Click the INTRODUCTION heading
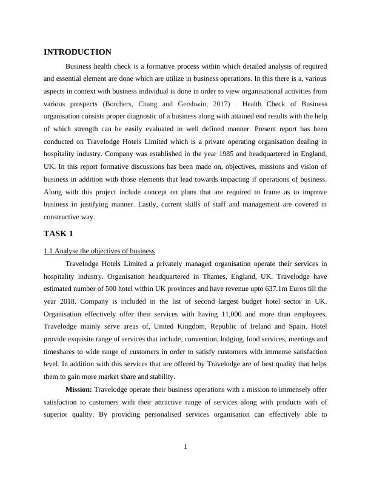pos(78,52)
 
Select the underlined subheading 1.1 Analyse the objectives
pos(99,251)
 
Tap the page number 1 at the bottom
pos(185,448)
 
